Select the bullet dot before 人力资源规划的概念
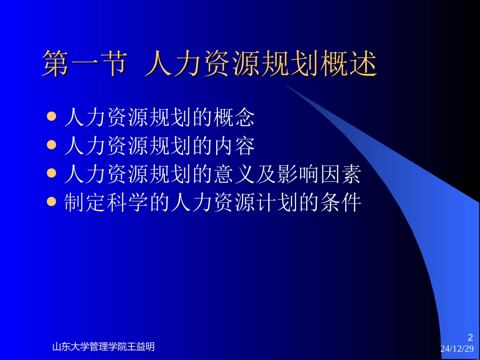pyautogui.click(x=51, y=117)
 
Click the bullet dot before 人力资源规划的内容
pyautogui.click(x=51, y=145)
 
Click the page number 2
pyautogui.click(x=470, y=337)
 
